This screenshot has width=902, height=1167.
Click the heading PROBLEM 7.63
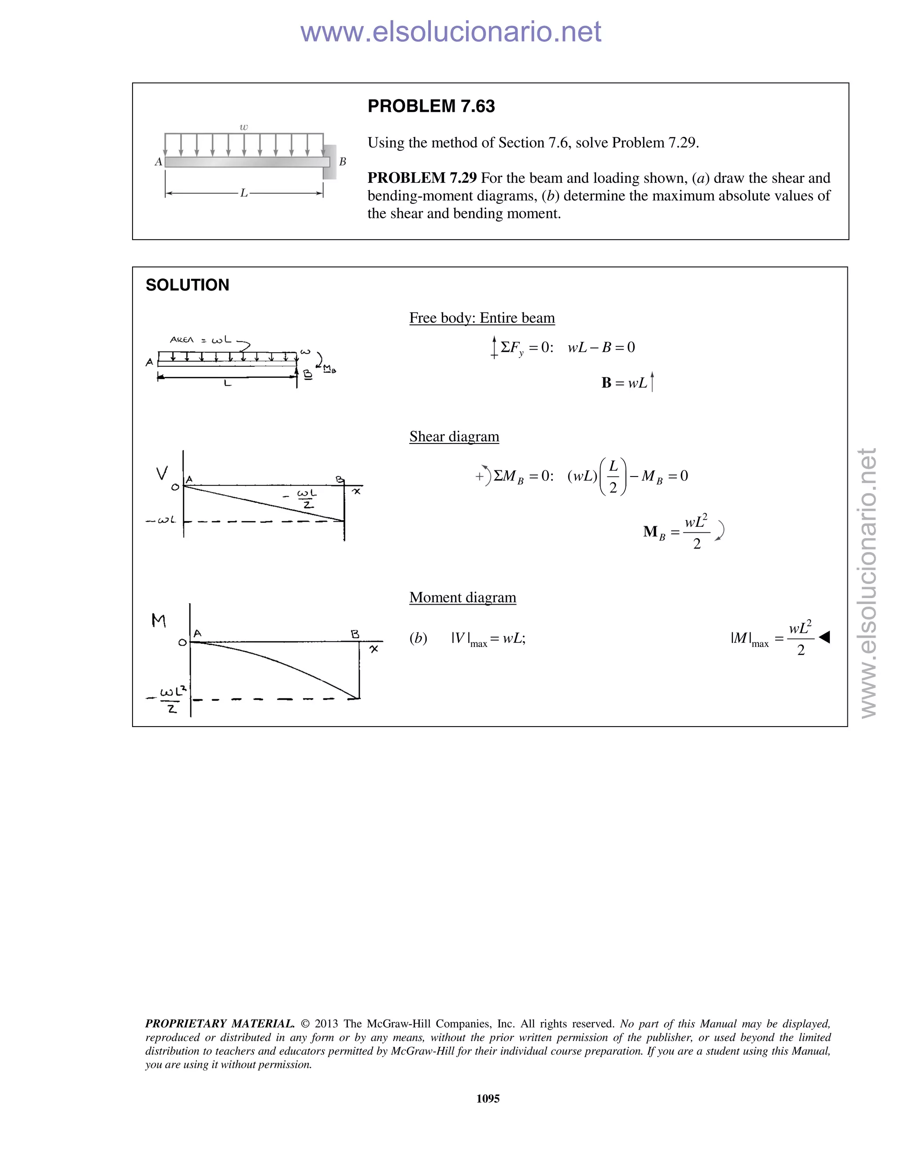431,106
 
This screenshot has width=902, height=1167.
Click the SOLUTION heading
187,285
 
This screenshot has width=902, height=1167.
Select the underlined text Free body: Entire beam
481,318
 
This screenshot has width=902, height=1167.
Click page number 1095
488,1099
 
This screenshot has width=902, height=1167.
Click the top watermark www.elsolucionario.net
451,32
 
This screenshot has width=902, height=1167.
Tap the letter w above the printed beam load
244,127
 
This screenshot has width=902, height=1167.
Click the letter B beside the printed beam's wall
343,161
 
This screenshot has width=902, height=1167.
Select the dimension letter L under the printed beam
244,193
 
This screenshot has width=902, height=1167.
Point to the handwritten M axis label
159,620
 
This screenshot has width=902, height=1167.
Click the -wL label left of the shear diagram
161,520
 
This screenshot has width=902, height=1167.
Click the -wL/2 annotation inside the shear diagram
305,498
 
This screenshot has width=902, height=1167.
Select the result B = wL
624,383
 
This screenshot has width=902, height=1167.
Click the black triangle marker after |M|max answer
824,637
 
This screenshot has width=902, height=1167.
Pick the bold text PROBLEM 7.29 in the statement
421,178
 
